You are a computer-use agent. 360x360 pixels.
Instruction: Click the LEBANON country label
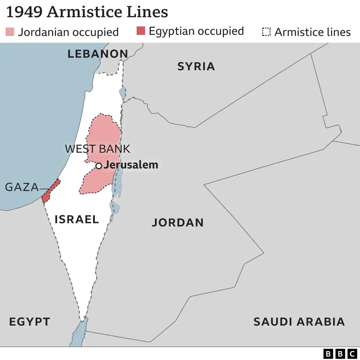[x=98, y=54]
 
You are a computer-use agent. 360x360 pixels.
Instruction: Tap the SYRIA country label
[x=196, y=66]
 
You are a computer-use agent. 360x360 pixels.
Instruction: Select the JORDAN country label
[x=177, y=222]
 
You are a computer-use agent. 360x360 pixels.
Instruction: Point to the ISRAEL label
[x=76, y=219]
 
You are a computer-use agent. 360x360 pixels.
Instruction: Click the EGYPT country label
[x=30, y=321]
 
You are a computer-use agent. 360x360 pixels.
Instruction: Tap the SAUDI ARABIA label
[x=299, y=321]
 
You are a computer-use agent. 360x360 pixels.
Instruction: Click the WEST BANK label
[x=98, y=149]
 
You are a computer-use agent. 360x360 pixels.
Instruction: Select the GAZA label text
[x=22, y=187]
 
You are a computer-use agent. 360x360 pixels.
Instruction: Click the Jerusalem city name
[x=131, y=165]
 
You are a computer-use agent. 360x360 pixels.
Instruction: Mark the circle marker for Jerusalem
[x=98, y=166]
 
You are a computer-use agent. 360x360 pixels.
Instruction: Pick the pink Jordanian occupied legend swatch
[x=10, y=32]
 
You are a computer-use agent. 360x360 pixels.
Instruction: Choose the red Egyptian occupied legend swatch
[x=141, y=31]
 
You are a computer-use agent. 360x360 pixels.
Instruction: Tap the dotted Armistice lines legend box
[x=266, y=32]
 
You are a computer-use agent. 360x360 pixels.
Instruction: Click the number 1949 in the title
[x=24, y=12]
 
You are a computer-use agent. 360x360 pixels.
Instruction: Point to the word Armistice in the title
[x=85, y=12]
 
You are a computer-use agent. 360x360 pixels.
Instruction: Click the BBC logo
[x=340, y=354]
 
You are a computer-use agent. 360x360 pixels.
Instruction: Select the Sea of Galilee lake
[x=123, y=93]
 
